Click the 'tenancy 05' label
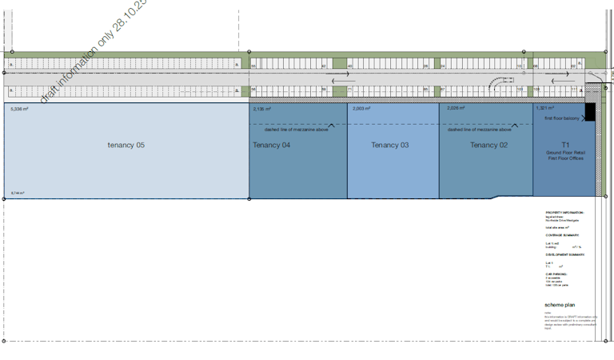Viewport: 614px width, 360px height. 126,145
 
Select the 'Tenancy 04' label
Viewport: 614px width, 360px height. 272,145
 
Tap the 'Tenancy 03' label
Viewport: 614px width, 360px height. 390,145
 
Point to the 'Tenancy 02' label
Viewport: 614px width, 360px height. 488,145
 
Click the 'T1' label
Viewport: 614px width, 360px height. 565,145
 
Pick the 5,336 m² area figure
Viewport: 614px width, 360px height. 20,109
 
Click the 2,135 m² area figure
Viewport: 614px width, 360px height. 261,109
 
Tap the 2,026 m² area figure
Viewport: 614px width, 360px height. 456,109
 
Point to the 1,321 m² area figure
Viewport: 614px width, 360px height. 544,109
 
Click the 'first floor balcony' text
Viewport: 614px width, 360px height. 562,118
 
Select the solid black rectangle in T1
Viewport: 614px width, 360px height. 590,112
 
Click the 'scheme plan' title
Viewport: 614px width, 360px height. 560,305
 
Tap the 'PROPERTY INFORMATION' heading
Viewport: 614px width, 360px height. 564,213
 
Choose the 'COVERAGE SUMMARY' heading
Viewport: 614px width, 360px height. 562,235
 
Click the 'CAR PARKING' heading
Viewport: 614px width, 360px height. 556,272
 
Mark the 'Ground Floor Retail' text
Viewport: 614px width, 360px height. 565,152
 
